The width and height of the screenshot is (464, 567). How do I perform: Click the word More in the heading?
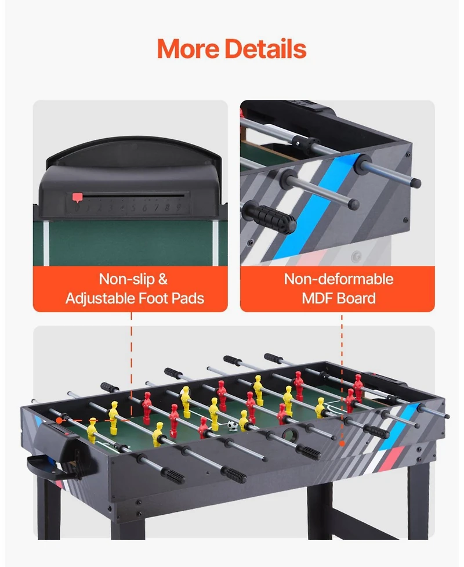click(x=188, y=49)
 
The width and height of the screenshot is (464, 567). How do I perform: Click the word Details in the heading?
click(x=266, y=49)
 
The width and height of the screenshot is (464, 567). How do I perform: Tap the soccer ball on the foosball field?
click(x=233, y=427)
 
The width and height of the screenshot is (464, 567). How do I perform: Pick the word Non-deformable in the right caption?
click(x=338, y=279)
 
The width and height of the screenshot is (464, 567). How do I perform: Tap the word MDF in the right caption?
click(x=317, y=299)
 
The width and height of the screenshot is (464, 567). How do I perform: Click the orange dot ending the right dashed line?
click(x=342, y=444)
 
